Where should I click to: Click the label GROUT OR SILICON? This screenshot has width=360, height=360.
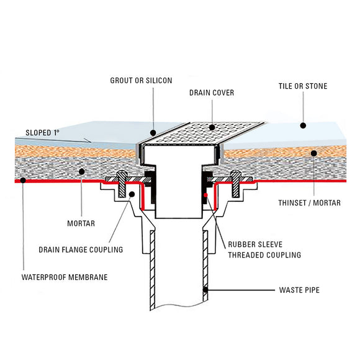[142, 81]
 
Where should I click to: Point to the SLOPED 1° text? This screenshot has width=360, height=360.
[47, 133]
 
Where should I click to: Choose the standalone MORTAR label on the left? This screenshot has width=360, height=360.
[81, 222]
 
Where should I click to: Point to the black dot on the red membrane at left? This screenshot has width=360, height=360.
[22, 181]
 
